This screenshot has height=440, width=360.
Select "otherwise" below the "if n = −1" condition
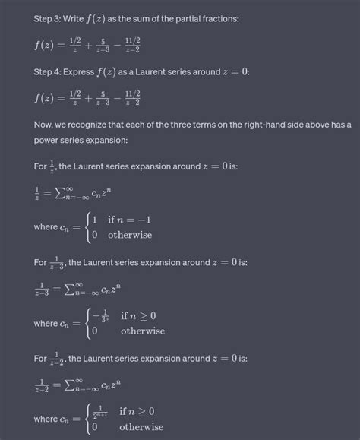coord(130,235)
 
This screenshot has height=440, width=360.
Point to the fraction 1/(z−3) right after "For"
coord(58,263)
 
